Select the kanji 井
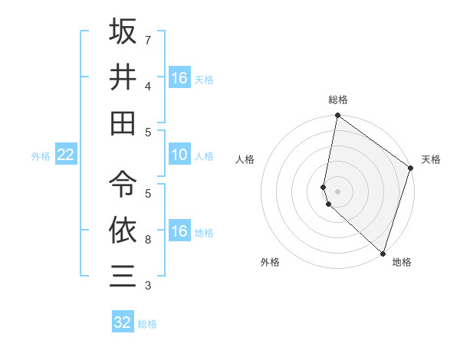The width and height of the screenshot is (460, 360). [123, 77]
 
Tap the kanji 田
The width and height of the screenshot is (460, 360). [123, 123]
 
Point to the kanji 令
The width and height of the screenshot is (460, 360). [123, 183]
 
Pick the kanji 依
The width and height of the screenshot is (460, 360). [123, 229]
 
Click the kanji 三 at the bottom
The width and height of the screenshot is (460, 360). [123, 275]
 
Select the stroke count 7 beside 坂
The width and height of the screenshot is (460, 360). [148, 39]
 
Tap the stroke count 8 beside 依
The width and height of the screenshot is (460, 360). [148, 240]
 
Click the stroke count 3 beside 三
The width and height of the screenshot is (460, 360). [148, 286]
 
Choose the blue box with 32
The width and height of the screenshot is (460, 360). [123, 322]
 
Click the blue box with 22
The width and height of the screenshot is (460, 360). [65, 155]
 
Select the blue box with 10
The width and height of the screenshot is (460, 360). [179, 155]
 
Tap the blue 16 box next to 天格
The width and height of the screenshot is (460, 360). [179, 78]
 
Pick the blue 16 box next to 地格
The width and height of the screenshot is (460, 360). [179, 232]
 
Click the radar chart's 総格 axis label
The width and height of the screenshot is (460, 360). [338, 100]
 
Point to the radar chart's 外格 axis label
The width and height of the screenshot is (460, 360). [270, 262]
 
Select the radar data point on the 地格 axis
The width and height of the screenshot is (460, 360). [383, 253]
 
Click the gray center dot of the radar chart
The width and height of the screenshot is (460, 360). [338, 191]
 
